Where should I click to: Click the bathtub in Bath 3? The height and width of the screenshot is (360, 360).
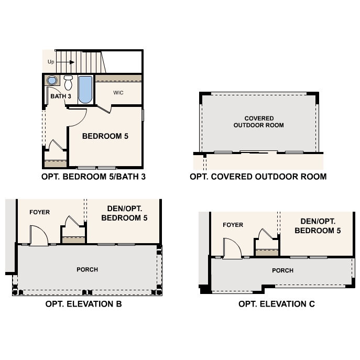point(85,90)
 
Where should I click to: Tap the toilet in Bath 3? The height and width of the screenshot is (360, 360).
point(68,83)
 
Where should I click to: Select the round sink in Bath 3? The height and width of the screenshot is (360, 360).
point(51,80)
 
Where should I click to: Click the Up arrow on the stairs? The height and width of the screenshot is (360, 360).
point(66,62)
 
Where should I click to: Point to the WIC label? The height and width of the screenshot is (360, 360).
point(118,93)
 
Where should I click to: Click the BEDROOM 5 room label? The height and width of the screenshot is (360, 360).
point(105,136)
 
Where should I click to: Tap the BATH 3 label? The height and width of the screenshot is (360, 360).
point(61,96)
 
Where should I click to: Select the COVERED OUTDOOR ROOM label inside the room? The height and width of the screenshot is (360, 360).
point(258,122)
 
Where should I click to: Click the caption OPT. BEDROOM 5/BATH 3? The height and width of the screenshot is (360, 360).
point(93,177)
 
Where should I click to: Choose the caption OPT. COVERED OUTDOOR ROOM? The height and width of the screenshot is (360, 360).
point(258,177)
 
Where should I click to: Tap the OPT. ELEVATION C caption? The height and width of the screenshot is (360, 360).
point(277,304)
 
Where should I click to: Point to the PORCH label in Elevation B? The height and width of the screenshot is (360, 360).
point(87,269)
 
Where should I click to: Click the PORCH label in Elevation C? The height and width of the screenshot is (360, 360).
point(282,270)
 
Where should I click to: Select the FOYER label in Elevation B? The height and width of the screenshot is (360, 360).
point(40,212)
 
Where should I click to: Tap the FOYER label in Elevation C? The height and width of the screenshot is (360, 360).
point(233,225)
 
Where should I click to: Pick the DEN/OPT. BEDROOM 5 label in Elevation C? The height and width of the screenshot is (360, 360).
point(318,226)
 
